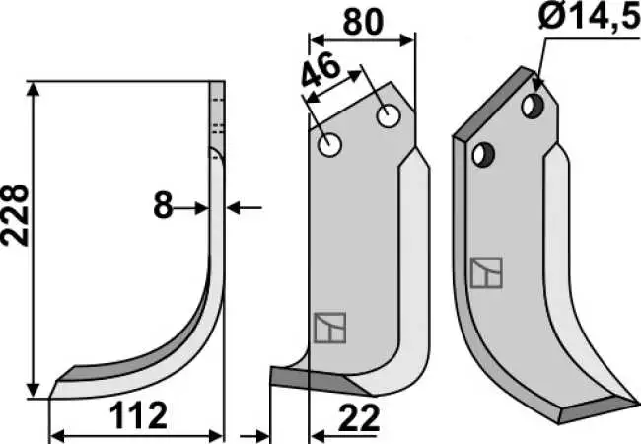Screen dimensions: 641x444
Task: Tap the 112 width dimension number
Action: [x=139, y=415]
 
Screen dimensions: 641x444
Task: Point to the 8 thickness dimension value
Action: [x=163, y=206]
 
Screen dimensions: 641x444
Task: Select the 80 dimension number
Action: [x=363, y=22]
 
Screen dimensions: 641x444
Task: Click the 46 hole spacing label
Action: [x=320, y=71]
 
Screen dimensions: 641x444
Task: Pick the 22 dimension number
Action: [x=359, y=418]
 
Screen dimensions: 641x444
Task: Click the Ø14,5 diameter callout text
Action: [x=589, y=16]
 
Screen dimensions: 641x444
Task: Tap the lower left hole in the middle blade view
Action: [x=330, y=145]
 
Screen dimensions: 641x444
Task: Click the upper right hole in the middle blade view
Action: [x=389, y=116]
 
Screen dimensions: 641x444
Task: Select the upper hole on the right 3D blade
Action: [x=533, y=107]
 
